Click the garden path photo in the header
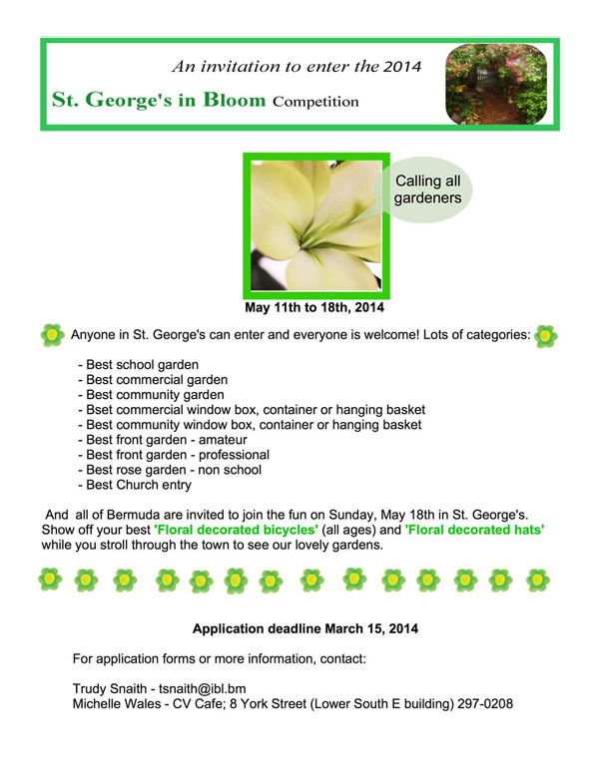point(495,85)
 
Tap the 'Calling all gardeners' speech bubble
point(428,190)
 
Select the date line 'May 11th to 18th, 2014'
point(315,307)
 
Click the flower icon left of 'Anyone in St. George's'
point(52,335)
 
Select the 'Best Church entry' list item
point(138,485)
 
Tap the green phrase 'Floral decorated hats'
point(475,531)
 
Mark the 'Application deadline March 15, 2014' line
point(305,629)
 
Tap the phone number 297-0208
point(484,703)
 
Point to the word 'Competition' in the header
point(315,102)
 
